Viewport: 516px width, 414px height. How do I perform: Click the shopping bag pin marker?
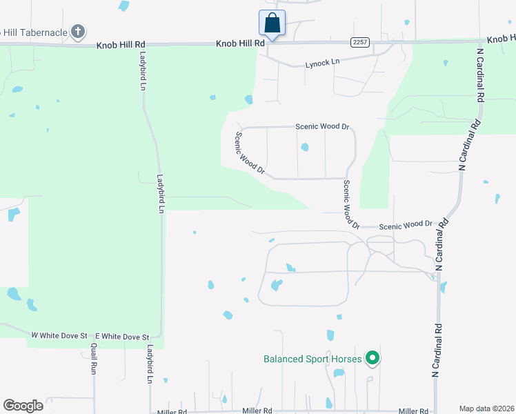pyautogui.click(x=272, y=23)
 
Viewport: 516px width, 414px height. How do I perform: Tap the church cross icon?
pyautogui.click(x=78, y=31)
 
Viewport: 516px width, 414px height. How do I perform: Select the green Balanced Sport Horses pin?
pyautogui.click(x=373, y=357)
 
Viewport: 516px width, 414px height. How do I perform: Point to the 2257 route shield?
pyautogui.click(x=358, y=42)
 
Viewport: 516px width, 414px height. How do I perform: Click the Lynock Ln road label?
pyautogui.click(x=323, y=63)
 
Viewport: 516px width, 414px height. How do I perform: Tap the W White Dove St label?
pyautogui.click(x=61, y=335)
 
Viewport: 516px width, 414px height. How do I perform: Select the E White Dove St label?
pyautogui.click(x=122, y=336)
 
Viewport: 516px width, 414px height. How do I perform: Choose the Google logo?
pyautogui.click(x=23, y=405)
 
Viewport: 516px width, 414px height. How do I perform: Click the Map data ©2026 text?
pyautogui.click(x=486, y=408)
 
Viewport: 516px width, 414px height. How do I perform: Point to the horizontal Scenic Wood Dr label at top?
pyautogui.click(x=323, y=127)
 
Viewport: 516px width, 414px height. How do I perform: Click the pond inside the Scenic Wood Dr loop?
pyautogui.click(x=304, y=147)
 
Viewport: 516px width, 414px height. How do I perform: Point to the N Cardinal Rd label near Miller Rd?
pyautogui.click(x=436, y=351)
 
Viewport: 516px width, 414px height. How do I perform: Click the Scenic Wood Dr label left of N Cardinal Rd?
pyautogui.click(x=406, y=224)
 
